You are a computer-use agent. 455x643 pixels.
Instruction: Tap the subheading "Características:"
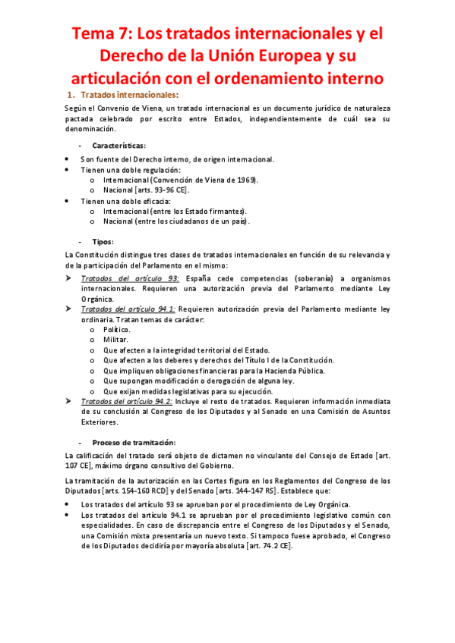click(119, 145)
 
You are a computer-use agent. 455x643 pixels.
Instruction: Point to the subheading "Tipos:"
click(103, 241)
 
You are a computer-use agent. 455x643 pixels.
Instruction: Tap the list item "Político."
click(117, 330)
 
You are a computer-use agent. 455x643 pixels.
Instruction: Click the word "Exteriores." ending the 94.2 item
click(100, 421)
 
